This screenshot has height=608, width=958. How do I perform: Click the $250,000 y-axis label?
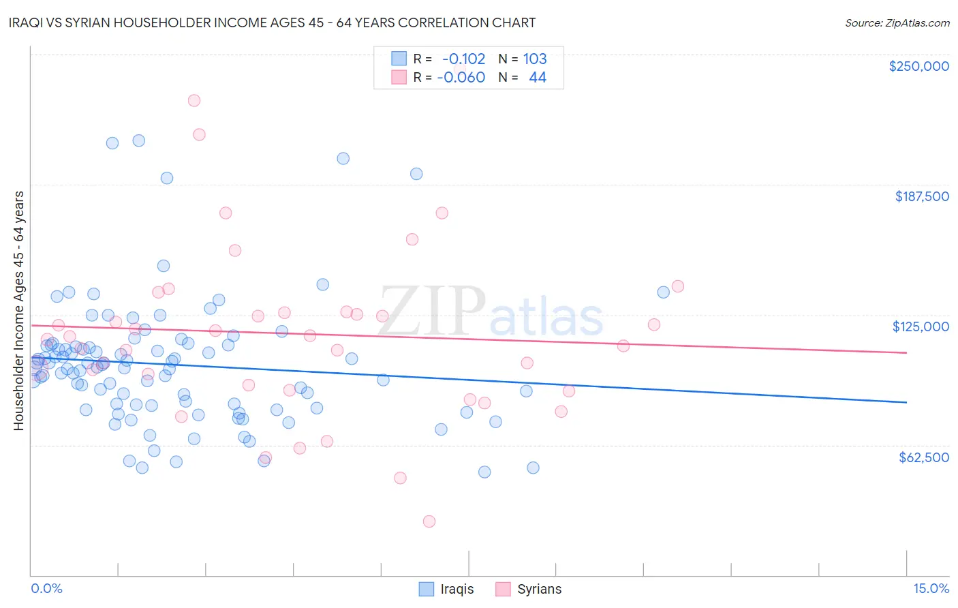pyautogui.click(x=918, y=66)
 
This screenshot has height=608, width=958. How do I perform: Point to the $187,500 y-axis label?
pyautogui.click(x=921, y=196)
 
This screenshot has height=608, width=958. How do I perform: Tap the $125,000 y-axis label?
pyautogui.click(x=921, y=326)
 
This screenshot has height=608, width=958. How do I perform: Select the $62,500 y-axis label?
pyautogui.click(x=924, y=457)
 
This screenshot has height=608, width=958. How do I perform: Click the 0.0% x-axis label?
pyautogui.click(x=46, y=588)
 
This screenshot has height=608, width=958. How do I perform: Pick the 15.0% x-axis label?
pyautogui.click(x=931, y=588)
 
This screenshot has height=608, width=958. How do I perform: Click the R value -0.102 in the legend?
pyautogui.click(x=463, y=59)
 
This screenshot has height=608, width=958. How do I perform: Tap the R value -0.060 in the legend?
pyautogui.click(x=461, y=77)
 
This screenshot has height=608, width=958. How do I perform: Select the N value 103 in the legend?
pyautogui.click(x=535, y=59)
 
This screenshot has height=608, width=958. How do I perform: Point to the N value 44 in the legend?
pyautogui.click(x=538, y=77)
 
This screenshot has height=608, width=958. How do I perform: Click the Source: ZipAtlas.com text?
pyautogui.click(x=897, y=22)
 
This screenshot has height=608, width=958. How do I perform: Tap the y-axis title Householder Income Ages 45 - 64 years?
pyautogui.click(x=18, y=311)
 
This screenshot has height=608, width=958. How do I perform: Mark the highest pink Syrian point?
pyautogui.click(x=194, y=100)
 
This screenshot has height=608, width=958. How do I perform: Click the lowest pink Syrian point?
pyautogui.click(x=429, y=521)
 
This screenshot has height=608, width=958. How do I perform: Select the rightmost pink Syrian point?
pyautogui.click(x=677, y=286)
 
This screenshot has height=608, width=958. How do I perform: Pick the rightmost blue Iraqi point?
pyautogui.click(x=663, y=292)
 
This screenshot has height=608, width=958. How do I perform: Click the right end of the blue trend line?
pyautogui.click(x=906, y=402)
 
